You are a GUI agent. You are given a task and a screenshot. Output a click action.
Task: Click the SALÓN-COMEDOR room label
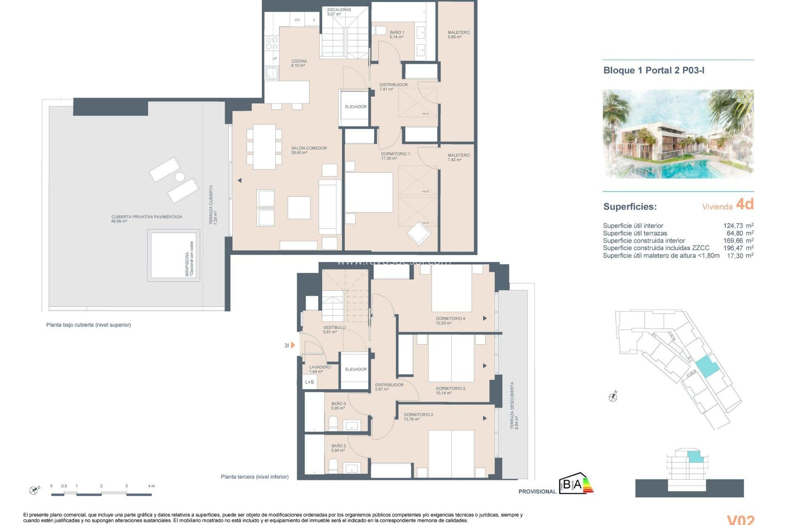[309, 148]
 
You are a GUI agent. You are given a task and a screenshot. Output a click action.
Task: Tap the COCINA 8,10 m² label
[299, 62]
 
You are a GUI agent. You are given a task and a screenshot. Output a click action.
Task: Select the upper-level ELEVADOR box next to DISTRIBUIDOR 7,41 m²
[355, 107]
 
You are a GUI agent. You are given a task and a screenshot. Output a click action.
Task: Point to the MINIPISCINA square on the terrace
[173, 256]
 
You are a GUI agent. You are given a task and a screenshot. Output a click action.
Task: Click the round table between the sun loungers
[180, 177]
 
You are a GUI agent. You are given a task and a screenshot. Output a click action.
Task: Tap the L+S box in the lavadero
[309, 382]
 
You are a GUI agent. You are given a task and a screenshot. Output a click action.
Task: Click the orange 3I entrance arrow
[293, 345]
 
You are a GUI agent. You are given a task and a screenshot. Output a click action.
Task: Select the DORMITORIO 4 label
[450, 319]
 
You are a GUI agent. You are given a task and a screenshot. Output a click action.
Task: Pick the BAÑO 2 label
[339, 446]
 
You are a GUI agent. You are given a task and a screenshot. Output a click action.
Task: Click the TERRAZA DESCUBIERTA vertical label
[512, 406]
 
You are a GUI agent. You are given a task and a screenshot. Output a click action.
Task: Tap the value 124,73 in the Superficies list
[733, 226]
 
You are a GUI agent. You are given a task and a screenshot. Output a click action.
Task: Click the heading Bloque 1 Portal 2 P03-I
[653, 71]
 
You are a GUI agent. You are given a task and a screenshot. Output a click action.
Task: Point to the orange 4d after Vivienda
[744, 204]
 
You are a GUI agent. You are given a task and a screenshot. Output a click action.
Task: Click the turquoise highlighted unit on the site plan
[707, 366]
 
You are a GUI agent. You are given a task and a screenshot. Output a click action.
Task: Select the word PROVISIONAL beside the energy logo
[537, 491]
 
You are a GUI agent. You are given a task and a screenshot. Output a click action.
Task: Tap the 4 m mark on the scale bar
[151, 486]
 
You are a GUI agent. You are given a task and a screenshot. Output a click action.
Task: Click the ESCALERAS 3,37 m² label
[339, 10]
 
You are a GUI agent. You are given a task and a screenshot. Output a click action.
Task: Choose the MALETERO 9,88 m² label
[458, 33]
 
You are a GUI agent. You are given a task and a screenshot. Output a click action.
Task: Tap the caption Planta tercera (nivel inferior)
[254, 477]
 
